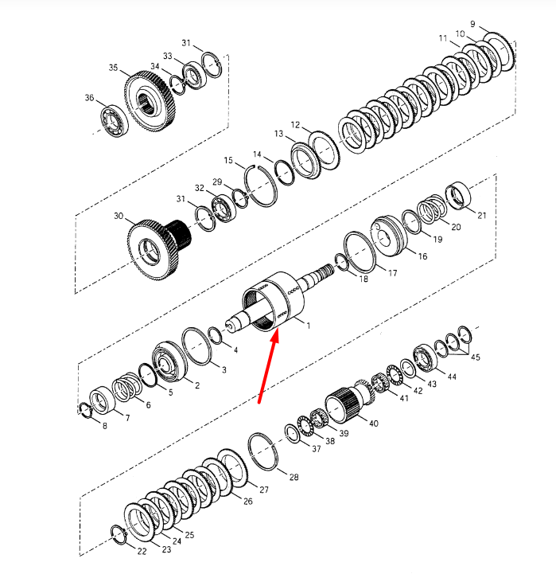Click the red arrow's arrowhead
click(x=275, y=336)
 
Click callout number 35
click(x=113, y=68)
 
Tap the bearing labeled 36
click(x=115, y=121)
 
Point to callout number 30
click(x=119, y=216)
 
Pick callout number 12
click(x=295, y=125)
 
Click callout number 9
click(x=472, y=24)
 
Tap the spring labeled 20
click(x=432, y=209)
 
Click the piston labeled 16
click(x=389, y=236)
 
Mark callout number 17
click(x=392, y=273)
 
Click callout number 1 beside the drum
click(x=309, y=326)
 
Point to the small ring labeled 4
click(x=215, y=335)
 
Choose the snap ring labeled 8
click(x=86, y=410)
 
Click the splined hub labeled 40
click(x=343, y=403)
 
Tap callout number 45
click(x=476, y=357)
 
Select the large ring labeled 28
click(x=262, y=451)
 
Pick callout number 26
click(x=248, y=501)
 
